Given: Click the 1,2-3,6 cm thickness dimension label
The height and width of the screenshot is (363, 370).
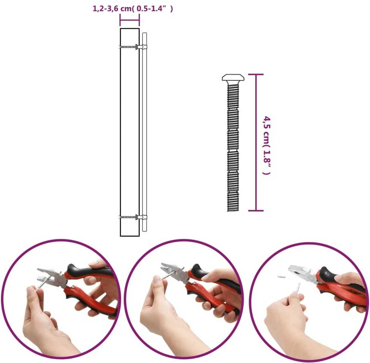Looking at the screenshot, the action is [x=133, y=9].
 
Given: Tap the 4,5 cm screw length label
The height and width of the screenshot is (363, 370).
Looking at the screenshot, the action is [x=267, y=145].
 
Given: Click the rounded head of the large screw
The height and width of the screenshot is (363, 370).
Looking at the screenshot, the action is [x=233, y=78].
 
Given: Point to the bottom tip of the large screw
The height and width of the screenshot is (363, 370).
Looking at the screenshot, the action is [x=233, y=211].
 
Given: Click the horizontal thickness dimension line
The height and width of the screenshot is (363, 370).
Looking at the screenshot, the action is [x=130, y=20].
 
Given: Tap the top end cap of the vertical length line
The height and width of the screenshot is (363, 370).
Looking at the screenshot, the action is [x=256, y=75].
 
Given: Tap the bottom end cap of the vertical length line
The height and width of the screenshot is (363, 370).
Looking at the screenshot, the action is [x=256, y=210].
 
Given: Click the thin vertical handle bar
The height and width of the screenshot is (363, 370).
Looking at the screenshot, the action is [x=145, y=132].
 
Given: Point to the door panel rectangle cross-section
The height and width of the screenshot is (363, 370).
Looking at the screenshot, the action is [x=130, y=132].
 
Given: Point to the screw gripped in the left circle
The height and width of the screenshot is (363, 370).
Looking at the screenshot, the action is [x=40, y=286].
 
